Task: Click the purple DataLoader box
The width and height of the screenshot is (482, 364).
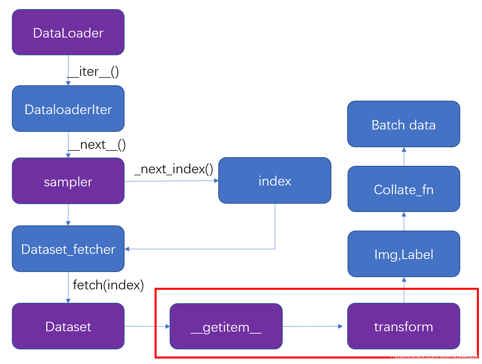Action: coord(68,32)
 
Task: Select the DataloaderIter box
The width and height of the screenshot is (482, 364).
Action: coord(68,109)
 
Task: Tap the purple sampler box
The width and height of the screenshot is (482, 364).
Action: coord(68,181)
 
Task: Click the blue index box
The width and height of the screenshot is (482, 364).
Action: coord(274,181)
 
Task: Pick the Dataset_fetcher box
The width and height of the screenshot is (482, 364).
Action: coord(68,249)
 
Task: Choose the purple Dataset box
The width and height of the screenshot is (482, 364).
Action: coord(68,326)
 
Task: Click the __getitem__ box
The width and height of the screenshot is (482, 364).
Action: coord(226,326)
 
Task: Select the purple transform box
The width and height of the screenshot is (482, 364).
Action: coord(403,326)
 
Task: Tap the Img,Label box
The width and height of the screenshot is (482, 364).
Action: coord(403,254)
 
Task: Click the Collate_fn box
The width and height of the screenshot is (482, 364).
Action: coord(403,190)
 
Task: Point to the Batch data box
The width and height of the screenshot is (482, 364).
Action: coord(403,124)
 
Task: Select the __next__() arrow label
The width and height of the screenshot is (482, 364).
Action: coord(97,144)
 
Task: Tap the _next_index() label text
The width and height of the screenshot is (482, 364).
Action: coord(174,169)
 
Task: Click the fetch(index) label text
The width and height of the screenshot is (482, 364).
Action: coord(108,285)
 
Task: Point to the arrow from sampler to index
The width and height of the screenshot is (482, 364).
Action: coord(171,181)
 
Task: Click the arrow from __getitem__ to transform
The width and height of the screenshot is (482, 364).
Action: coord(312,326)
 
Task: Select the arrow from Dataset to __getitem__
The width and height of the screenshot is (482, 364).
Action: coord(147,326)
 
